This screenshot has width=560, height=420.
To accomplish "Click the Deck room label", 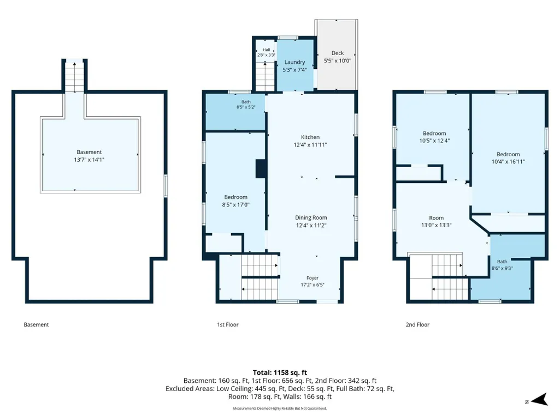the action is (338, 53).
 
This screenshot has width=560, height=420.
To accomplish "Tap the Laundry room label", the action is (294, 62).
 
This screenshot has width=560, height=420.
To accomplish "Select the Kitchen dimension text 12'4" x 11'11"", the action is (310, 145).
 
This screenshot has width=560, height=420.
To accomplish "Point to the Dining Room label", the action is (311, 217).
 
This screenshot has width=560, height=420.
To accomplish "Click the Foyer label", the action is (313, 278).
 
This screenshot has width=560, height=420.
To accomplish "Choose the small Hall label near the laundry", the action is (267, 50).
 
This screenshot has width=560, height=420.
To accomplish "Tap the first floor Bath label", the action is (246, 102).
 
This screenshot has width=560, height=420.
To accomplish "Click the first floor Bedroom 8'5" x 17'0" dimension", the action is (235, 205).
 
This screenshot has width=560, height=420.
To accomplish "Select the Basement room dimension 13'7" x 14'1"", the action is (89, 159).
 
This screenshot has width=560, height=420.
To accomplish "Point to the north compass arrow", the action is (540, 400).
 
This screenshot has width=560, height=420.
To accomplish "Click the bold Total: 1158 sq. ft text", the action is (280, 372).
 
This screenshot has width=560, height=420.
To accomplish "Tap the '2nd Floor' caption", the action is (417, 324).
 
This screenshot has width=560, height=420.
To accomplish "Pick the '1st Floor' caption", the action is (228, 324).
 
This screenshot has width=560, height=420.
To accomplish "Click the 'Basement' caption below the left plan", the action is (36, 324).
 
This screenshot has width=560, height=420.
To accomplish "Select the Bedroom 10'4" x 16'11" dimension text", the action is (508, 162).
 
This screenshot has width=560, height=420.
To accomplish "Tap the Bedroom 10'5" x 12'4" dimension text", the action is (434, 141).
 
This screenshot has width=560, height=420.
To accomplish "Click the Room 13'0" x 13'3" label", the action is (437, 221).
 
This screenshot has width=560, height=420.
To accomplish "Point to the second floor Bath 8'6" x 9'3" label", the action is (502, 265).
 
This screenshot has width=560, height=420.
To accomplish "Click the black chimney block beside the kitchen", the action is (261, 169).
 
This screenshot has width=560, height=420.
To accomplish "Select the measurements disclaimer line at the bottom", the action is (280, 408).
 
